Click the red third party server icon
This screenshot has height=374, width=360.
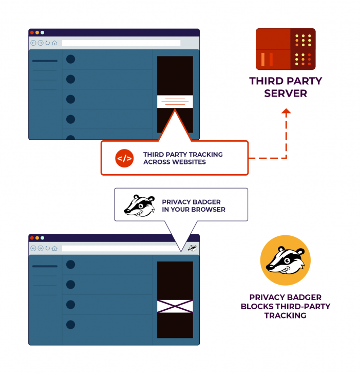point(286,49)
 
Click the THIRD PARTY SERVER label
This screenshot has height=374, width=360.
point(286,87)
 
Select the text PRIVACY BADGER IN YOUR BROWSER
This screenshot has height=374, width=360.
point(194,205)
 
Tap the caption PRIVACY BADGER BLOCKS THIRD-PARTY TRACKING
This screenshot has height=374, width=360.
point(286,306)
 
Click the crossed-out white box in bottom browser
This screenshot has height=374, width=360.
point(175,307)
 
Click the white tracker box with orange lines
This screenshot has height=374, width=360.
point(175,101)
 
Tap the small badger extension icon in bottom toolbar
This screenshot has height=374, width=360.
point(192,248)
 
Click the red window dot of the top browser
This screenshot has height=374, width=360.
point(32,32)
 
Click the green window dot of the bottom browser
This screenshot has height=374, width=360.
point(43,238)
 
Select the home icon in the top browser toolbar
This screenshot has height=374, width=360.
point(54,43)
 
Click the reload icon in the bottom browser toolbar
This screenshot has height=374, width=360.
point(47,249)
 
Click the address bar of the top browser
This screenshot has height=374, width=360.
point(121,43)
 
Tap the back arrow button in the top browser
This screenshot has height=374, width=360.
point(33,43)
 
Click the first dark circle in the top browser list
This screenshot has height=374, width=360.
point(71,59)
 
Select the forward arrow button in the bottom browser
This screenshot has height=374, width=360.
point(41,249)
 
